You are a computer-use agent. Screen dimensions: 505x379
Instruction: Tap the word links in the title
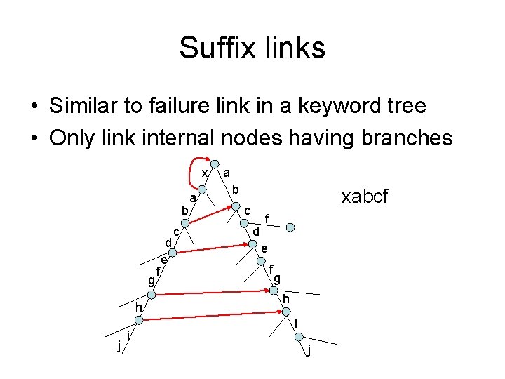tap(293, 48)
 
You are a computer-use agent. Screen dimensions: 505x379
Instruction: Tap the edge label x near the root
tap(203, 173)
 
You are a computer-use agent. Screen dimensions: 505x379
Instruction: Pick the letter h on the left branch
tap(139, 307)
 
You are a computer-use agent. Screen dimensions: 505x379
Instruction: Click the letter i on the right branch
tap(296, 324)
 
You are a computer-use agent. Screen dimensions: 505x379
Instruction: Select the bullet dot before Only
tap(34, 138)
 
